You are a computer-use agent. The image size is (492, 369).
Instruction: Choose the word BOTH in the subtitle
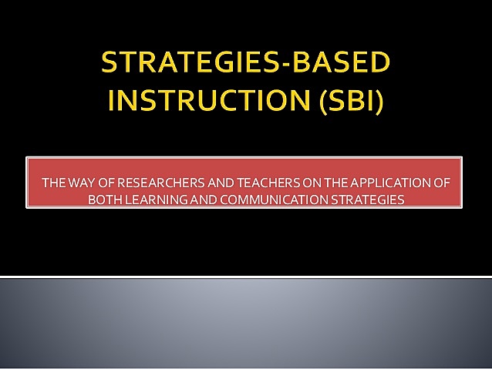point(105,199)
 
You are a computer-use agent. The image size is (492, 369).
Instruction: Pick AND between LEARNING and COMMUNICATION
point(197,199)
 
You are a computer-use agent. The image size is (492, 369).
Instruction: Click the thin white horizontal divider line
point(246,277)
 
